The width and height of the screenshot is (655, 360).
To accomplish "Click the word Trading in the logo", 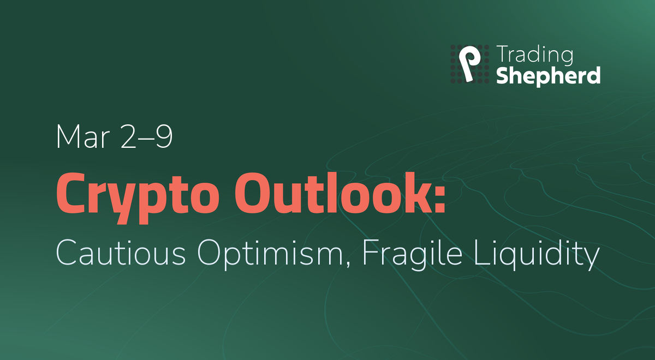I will (534, 56).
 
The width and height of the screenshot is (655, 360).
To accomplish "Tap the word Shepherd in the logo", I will (548, 75).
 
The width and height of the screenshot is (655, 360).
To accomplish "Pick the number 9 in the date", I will (163, 137).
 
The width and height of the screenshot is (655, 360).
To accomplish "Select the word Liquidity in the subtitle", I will (537, 253).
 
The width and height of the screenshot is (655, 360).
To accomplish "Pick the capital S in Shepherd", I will (503, 75).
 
